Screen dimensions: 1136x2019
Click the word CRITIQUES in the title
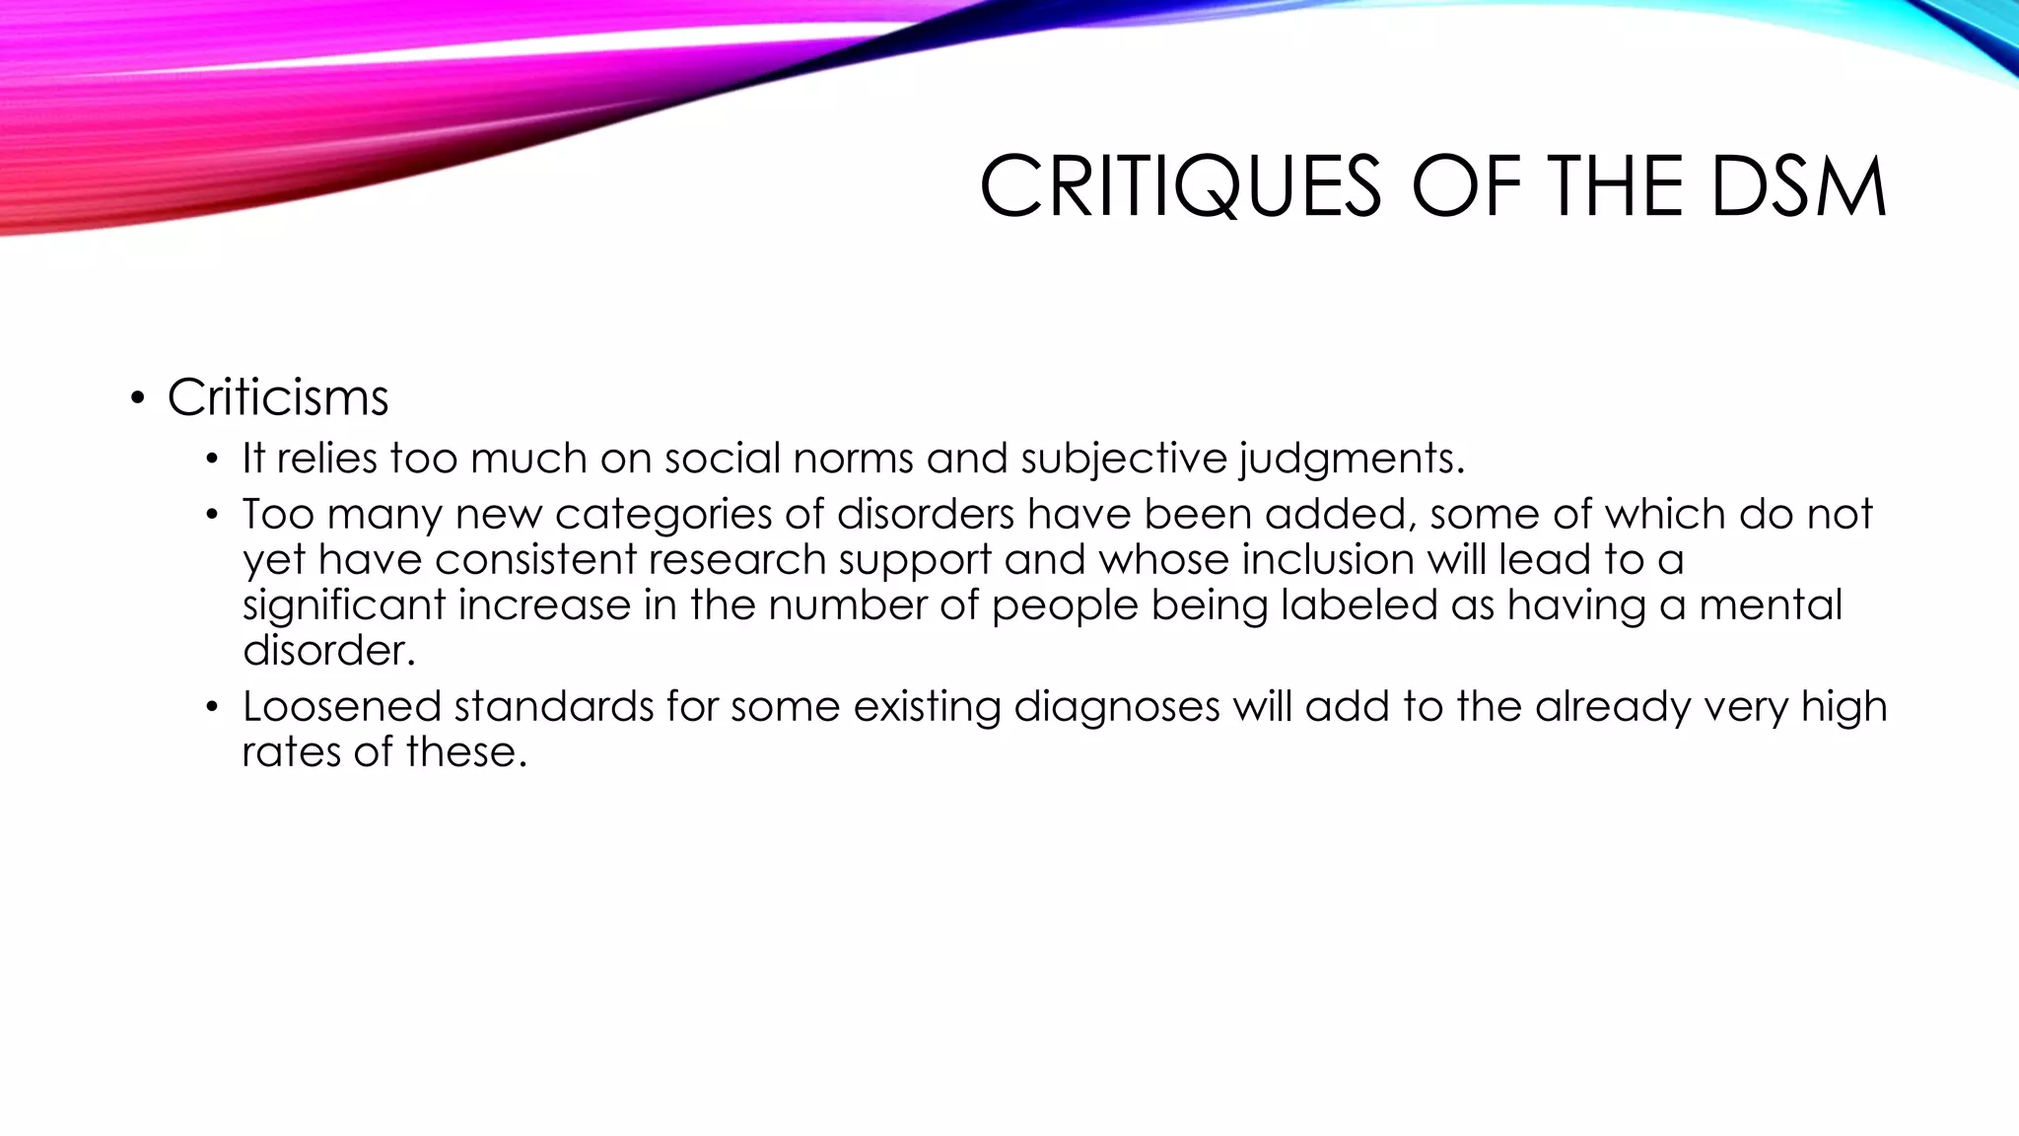(x=1180, y=187)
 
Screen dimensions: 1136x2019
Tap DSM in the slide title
(x=1798, y=187)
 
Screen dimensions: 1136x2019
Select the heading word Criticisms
(x=278, y=397)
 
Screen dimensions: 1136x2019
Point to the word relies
(x=326, y=459)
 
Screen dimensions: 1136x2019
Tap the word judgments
(x=1352, y=460)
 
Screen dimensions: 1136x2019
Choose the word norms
(x=853, y=459)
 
